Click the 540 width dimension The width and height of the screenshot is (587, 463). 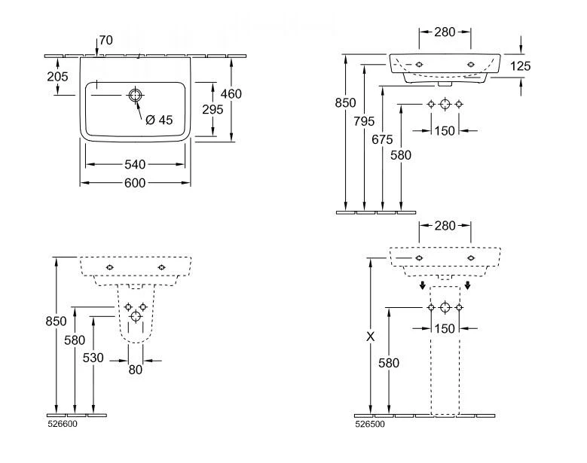point(136,164)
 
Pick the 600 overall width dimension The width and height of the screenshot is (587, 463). point(136,183)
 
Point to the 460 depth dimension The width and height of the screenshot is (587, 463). point(231,94)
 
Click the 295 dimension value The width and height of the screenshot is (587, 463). point(213,109)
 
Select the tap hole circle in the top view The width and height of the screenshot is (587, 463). point(136,95)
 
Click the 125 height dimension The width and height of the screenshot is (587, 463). point(520,66)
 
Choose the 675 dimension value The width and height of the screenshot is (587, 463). point(382,139)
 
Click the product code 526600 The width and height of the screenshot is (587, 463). point(62,424)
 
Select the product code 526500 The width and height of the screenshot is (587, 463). point(368,424)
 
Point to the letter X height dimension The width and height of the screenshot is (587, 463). point(370,337)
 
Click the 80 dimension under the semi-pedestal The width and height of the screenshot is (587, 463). point(136,370)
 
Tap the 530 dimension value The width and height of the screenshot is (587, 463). point(93,358)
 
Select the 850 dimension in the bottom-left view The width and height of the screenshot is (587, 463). point(57,321)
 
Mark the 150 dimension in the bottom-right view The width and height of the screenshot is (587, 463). point(445,328)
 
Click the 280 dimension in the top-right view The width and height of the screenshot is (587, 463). point(445,32)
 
